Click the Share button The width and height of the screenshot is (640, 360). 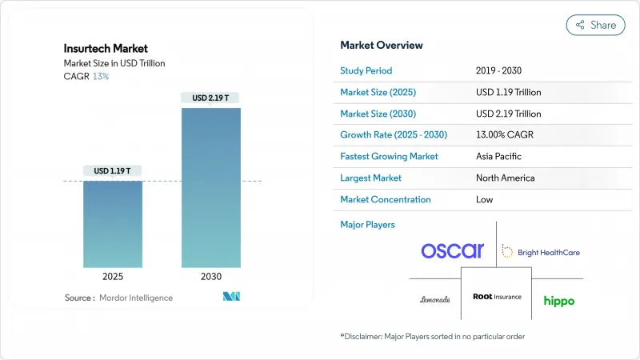tap(595, 25)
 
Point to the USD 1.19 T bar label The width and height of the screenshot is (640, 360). tap(114, 170)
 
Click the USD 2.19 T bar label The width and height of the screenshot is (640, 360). tap(211, 98)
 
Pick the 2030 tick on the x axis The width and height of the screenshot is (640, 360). tap(211, 277)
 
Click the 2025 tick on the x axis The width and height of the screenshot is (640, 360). tap(114, 277)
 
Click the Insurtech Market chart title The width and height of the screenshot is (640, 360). tap(106, 49)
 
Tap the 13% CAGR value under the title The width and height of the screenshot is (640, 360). tap(100, 76)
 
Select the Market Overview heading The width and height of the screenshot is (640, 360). tap(382, 45)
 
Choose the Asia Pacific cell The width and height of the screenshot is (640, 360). tap(501, 156)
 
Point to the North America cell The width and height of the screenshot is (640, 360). tap(505, 178)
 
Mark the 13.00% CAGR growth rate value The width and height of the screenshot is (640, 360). tap(508, 134)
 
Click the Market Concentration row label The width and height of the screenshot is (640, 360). tap(386, 199)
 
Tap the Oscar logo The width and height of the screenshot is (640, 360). tap(453, 250)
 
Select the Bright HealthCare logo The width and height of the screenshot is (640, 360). tap(541, 252)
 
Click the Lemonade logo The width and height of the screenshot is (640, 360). tap(435, 299)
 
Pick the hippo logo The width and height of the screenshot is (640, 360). tap(559, 301)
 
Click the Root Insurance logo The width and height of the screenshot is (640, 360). tap(497, 296)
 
